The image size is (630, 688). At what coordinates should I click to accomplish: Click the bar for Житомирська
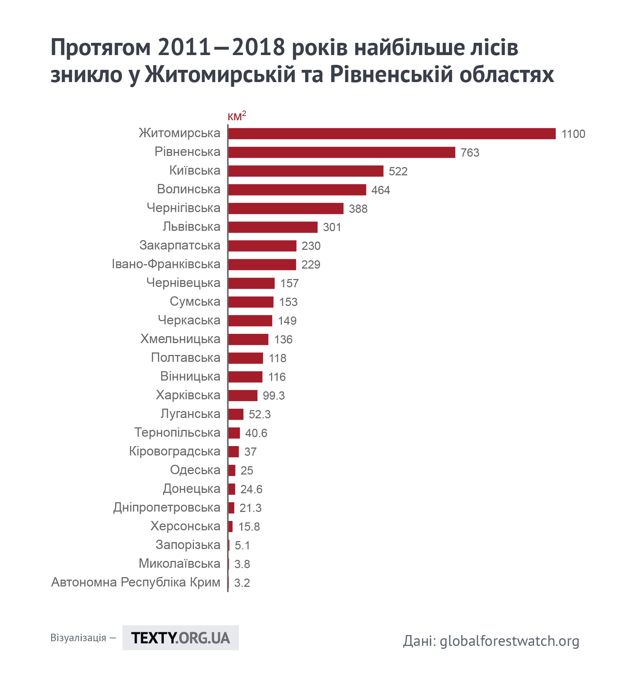[392, 134]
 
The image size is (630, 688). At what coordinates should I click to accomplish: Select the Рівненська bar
[342, 152]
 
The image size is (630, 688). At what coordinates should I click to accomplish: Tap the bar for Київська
[306, 171]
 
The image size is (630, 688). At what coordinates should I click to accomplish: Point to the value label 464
[381, 190]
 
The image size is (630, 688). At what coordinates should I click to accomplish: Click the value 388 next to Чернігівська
[358, 209]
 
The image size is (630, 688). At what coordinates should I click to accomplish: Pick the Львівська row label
[191, 227]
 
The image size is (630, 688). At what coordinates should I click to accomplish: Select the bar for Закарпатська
[262, 246]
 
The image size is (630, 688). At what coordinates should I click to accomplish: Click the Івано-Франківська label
[166, 264]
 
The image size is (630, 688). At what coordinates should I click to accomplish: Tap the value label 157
[289, 283]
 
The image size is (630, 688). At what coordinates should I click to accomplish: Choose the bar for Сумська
[251, 302]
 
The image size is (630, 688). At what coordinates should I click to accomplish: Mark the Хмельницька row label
[180, 339]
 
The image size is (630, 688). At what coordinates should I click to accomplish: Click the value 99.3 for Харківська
[274, 396]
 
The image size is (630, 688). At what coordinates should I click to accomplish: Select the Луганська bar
[236, 414]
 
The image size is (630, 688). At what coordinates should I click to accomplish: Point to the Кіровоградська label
[175, 451]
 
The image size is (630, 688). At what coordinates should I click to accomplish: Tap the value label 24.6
[251, 489]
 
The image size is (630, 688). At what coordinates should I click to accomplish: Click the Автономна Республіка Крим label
[136, 582]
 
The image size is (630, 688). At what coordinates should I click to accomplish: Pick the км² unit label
[237, 116]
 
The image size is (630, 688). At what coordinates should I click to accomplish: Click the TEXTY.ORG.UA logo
[180, 638]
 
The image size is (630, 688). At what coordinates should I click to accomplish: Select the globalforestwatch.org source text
[509, 641]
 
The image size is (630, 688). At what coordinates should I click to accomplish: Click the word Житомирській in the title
[220, 75]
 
